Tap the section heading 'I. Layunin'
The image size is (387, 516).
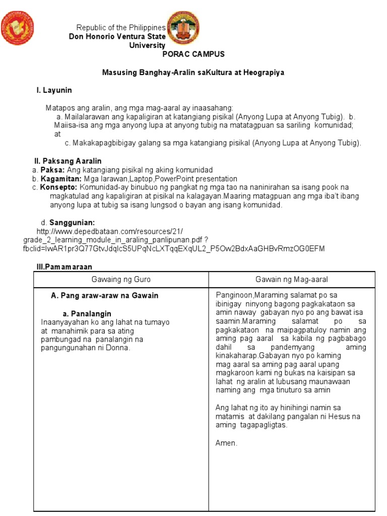click(x=54, y=90)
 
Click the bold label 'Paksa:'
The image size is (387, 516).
click(x=51, y=170)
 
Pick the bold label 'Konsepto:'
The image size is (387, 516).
click(x=57, y=187)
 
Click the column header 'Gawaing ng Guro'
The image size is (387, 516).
click(x=120, y=279)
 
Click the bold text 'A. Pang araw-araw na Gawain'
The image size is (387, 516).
click(x=104, y=296)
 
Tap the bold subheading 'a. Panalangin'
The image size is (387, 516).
click(x=87, y=313)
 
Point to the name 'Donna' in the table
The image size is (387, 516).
click(x=119, y=348)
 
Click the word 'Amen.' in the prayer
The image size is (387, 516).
click(x=226, y=443)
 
